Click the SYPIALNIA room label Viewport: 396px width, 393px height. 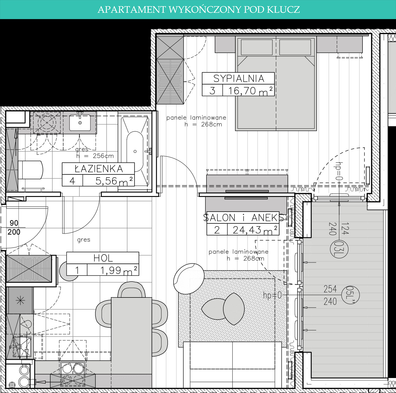click(x=239, y=78)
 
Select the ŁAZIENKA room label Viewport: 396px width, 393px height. click(x=99, y=169)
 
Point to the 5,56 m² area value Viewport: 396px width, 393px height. click(x=114, y=181)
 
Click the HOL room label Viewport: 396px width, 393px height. click(x=103, y=258)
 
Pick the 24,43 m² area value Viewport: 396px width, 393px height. click(x=255, y=230)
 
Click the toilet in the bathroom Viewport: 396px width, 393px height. click(x=30, y=170)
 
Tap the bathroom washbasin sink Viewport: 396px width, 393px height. click(x=80, y=123)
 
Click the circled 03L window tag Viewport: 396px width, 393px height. click(x=339, y=249)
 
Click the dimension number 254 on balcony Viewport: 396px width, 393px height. click(x=330, y=289)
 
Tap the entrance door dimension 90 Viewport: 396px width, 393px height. click(x=14, y=223)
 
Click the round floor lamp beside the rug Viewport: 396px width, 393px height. click(x=189, y=279)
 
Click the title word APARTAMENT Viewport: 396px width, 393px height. click(x=132, y=10)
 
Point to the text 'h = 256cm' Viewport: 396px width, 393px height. click(x=95, y=156)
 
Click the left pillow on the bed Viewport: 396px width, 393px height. click(x=257, y=47)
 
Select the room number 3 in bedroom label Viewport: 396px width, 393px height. click(x=212, y=91)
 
